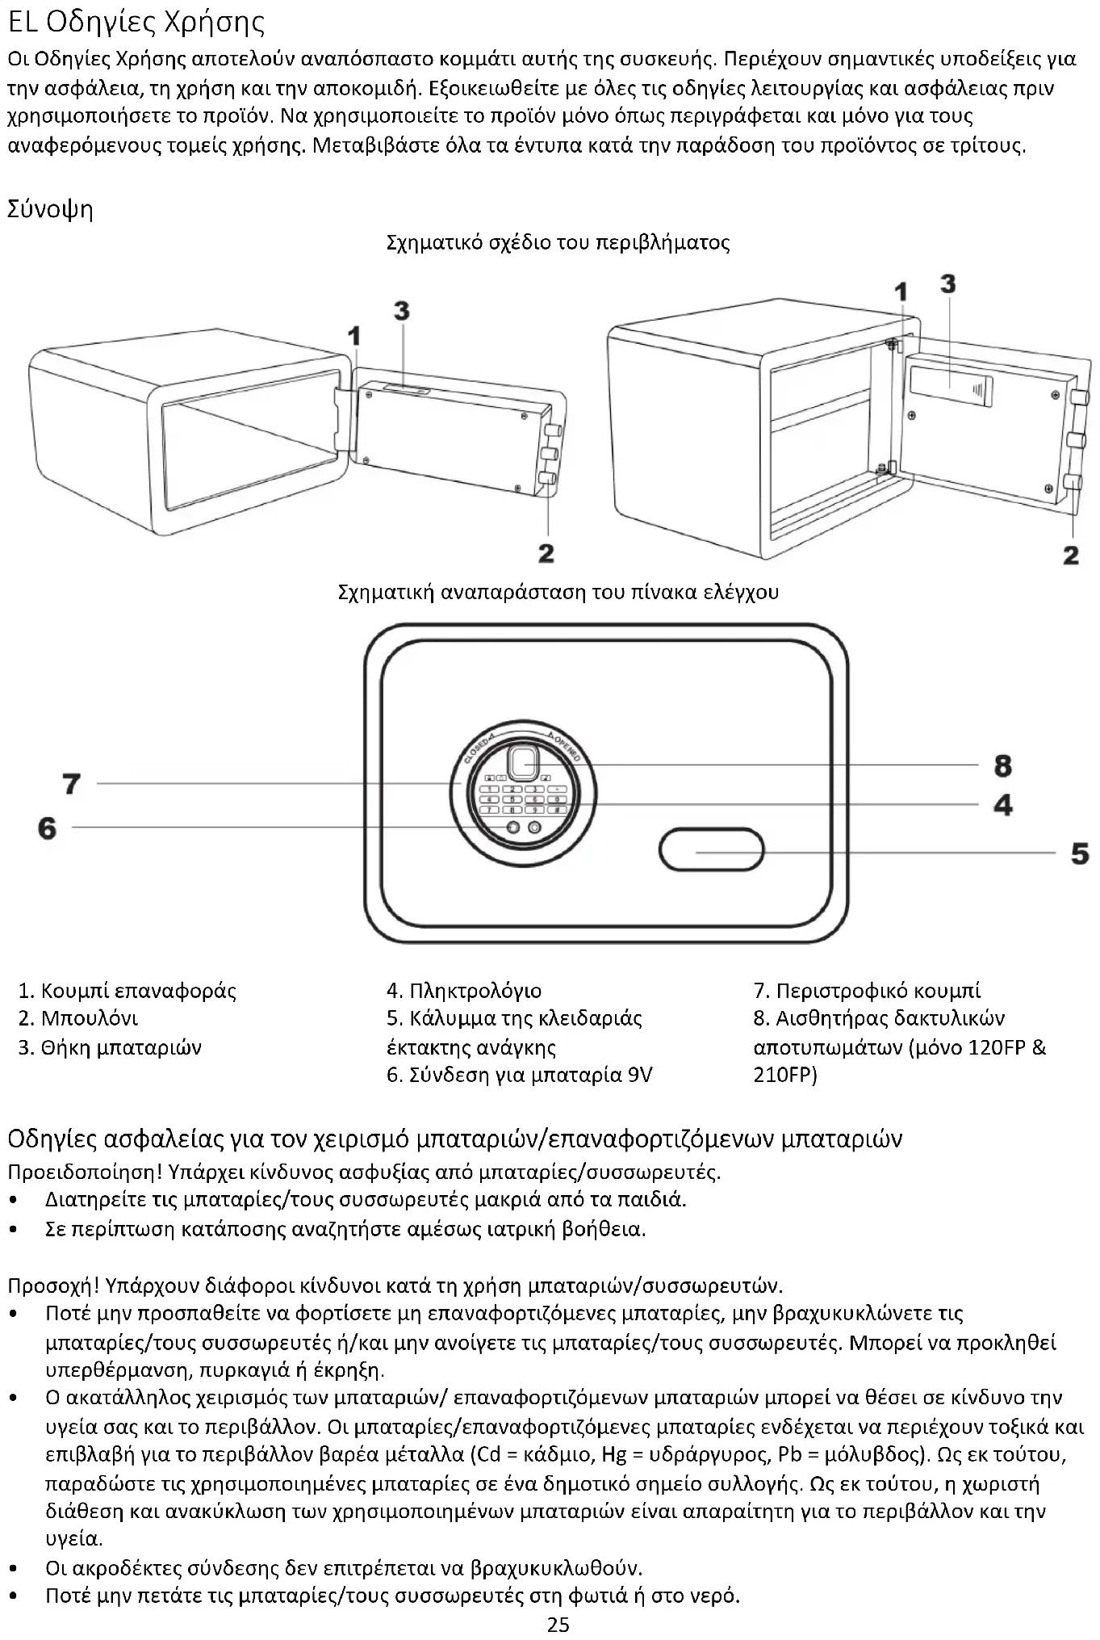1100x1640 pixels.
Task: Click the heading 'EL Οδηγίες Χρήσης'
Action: (136, 22)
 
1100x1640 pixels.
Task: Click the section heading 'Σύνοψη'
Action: (50, 209)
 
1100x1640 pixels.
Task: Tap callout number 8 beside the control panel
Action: (1002, 765)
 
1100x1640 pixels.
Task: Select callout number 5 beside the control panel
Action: (1080, 853)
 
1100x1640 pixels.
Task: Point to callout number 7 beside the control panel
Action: (72, 782)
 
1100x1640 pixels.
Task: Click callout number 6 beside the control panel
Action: (48, 827)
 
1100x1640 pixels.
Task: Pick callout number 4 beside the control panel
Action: (1002, 804)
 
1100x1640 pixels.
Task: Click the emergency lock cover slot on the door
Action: (712, 850)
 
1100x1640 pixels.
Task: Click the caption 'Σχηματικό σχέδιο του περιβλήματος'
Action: (558, 242)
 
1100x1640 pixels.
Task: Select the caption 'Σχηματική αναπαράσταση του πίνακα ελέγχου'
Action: (558, 592)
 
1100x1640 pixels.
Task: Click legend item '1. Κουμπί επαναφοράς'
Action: (128, 991)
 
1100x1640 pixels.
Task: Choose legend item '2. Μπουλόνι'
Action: (78, 1018)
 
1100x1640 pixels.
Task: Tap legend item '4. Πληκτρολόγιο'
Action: (464, 991)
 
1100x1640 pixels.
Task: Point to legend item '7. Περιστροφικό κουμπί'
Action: (868, 991)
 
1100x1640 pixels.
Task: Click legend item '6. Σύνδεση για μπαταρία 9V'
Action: (520, 1075)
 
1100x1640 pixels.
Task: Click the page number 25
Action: (558, 1625)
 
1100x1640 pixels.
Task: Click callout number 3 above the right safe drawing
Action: (948, 283)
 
